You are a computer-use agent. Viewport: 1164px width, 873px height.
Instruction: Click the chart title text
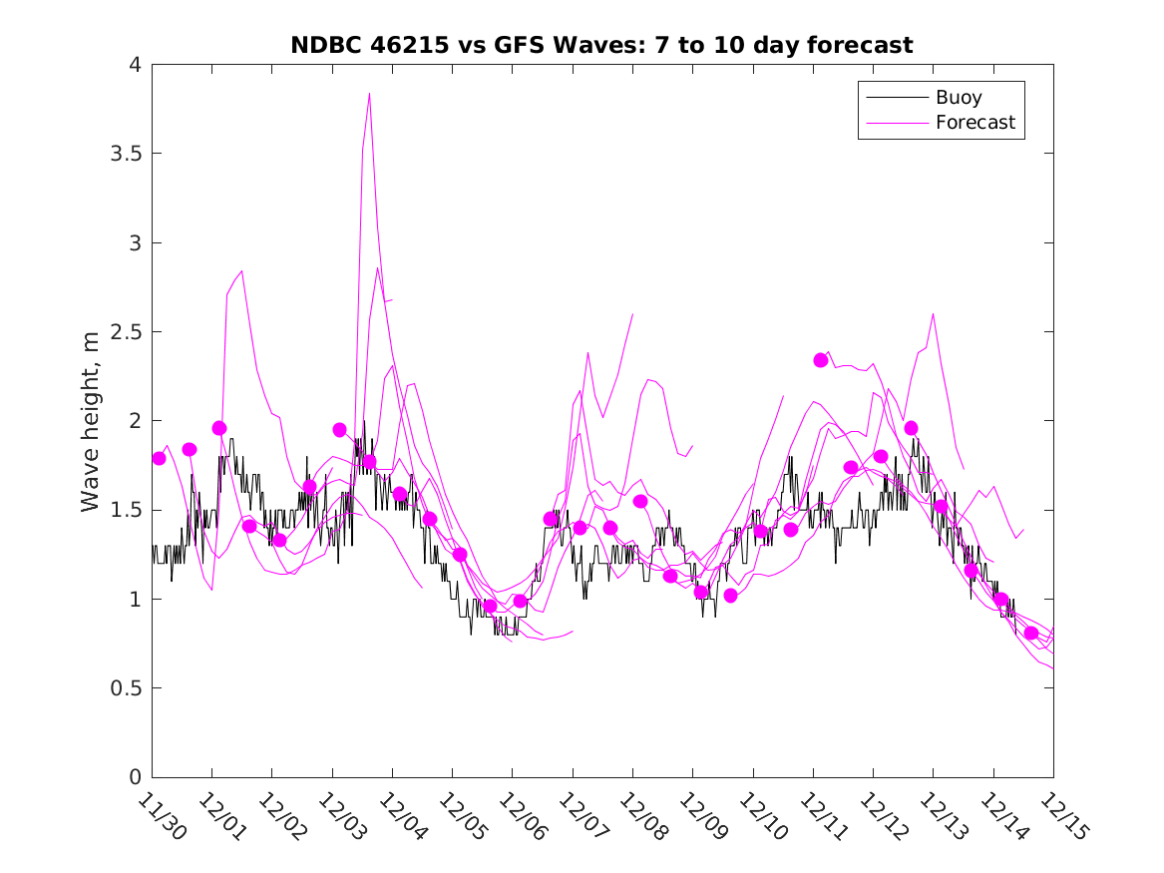601,45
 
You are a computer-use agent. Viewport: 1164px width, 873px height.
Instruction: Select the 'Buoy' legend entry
958,98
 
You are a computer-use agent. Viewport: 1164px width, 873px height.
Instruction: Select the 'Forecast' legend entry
974,123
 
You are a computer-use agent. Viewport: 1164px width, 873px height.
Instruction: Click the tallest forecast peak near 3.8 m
369,94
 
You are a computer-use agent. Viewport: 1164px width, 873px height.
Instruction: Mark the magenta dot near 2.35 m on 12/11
821,360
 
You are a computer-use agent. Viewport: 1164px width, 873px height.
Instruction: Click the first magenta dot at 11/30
159,458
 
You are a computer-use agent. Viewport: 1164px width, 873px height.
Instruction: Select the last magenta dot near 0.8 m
1031,634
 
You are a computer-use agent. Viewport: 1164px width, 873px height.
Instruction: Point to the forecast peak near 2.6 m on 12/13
933,314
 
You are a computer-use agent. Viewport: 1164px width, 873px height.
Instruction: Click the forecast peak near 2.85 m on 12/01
241,270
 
